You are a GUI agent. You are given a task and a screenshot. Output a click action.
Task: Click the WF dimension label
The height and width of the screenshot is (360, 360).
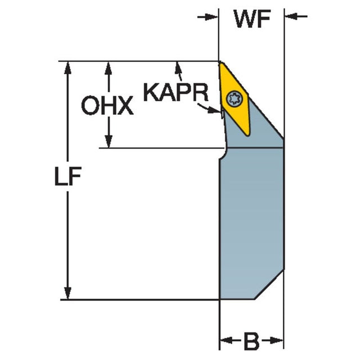(x=252, y=18)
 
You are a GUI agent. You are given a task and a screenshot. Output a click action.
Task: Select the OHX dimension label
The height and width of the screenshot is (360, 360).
(x=107, y=105)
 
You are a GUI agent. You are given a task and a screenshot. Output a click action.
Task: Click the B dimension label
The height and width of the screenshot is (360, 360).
(x=251, y=340)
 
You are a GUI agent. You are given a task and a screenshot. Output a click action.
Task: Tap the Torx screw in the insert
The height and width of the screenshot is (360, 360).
(x=233, y=100)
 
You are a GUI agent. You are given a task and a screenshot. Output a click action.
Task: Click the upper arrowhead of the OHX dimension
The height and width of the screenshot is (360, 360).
(x=109, y=67)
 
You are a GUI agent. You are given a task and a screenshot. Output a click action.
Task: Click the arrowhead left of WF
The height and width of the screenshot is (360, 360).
(x=212, y=16)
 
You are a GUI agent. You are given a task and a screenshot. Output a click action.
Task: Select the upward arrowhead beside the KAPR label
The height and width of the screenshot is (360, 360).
(x=179, y=67)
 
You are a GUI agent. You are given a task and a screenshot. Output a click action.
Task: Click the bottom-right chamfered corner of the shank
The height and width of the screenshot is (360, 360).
(x=270, y=287)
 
